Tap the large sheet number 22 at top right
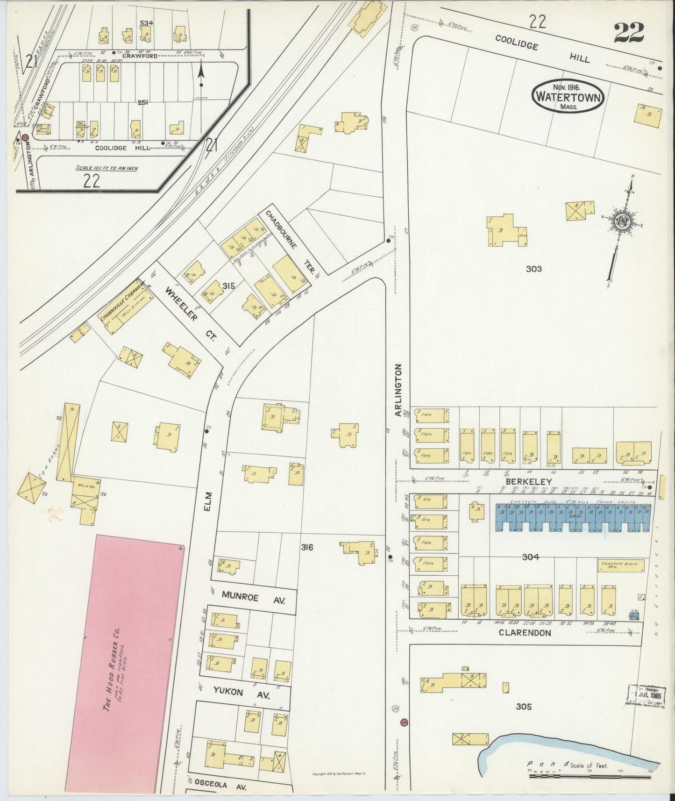coord(629,33)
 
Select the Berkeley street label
coord(535,481)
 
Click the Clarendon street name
coord(525,633)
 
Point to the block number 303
coord(533,269)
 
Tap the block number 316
coord(307,547)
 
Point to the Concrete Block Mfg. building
coord(621,565)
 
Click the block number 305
coord(524,706)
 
